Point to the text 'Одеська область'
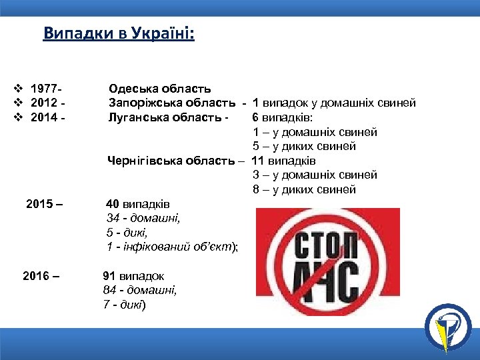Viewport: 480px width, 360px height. click(160, 89)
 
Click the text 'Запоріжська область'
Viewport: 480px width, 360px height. click(172, 103)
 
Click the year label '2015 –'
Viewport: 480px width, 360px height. click(45, 203)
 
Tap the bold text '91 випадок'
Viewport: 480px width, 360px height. click(133, 275)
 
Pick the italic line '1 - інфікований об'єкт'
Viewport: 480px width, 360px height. click(171, 247)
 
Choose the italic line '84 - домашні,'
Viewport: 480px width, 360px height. click(139, 290)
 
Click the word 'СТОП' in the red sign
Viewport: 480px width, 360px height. click(327, 245)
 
